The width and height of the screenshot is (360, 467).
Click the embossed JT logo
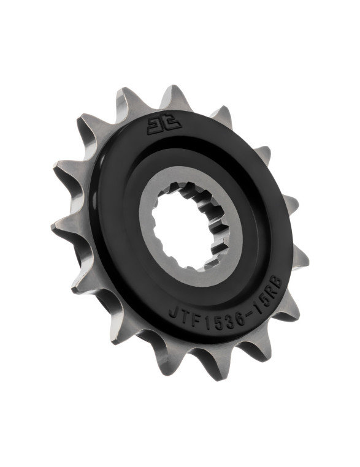[x=164, y=126]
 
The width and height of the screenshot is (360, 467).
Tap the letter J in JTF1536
[x=174, y=313]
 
